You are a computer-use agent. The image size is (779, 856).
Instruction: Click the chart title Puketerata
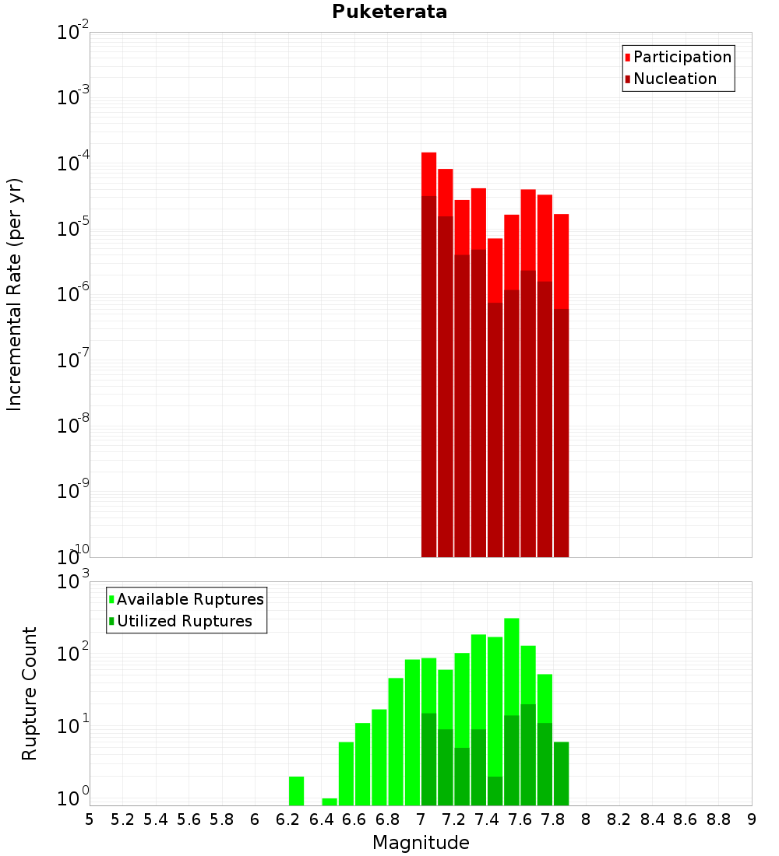tap(389, 12)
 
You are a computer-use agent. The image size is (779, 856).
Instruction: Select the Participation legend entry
tap(682, 57)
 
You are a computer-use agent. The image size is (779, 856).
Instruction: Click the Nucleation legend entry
tap(675, 79)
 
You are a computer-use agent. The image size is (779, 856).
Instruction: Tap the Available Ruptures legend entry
tap(189, 599)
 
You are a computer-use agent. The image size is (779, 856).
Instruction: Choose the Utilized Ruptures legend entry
tap(184, 621)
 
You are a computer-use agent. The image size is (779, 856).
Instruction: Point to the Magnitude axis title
tap(421, 843)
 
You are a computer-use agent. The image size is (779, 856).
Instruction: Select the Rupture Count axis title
tap(30, 693)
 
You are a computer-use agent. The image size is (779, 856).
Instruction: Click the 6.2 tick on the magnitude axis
tap(288, 819)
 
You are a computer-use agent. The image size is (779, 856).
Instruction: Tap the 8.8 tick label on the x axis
tap(719, 819)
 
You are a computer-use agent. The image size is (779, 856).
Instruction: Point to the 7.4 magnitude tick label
tap(487, 819)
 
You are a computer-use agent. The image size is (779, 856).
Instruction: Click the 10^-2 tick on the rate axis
tap(73, 33)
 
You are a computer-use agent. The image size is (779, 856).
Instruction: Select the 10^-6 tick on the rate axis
tap(73, 295)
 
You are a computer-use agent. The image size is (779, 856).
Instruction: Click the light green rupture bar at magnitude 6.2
tap(296, 791)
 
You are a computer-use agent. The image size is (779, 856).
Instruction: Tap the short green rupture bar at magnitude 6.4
tap(330, 802)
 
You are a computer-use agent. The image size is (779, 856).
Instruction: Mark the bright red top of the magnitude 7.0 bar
tap(428, 174)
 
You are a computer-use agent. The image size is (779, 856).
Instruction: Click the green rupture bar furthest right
tap(561, 774)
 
